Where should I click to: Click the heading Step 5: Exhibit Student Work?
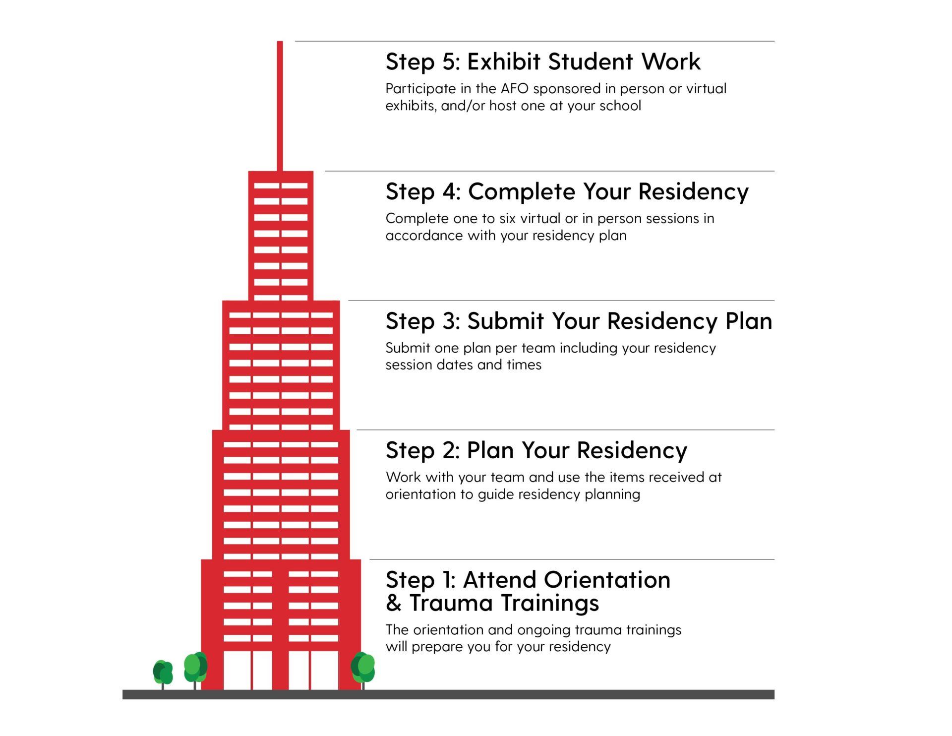[x=543, y=62]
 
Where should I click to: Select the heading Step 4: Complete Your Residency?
[x=567, y=192]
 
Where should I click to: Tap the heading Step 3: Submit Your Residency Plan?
[x=579, y=321]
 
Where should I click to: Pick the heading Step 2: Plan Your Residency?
[x=536, y=451]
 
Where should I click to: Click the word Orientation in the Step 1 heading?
[x=607, y=580]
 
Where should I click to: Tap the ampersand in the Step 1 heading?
[x=394, y=604]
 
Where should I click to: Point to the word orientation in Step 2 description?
[x=423, y=494]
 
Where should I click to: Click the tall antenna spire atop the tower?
[x=280, y=104]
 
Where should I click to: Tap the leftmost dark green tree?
[x=163, y=673]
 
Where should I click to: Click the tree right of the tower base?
[x=363, y=668]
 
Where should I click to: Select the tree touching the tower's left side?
[x=195, y=668]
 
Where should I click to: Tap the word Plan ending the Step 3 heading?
[x=749, y=321]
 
